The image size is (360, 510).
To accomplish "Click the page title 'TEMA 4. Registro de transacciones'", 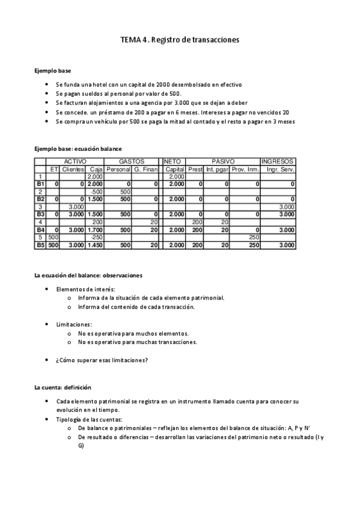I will pyautogui.click(x=180, y=40).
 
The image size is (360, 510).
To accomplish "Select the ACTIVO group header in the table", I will pyautogui.click(x=75, y=162).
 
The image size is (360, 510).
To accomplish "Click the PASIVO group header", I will pyautogui.click(x=222, y=162).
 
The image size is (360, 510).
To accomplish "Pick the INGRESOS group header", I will pyautogui.click(x=277, y=162).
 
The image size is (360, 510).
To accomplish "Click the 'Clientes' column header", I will pyautogui.click(x=73, y=169).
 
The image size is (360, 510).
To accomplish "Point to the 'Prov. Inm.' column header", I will pyautogui.click(x=245, y=169).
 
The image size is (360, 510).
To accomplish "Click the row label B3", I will pyautogui.click(x=40, y=214).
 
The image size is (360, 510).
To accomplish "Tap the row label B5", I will pyautogui.click(x=40, y=245).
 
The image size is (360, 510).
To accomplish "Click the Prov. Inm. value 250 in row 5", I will pyautogui.click(x=253, y=237).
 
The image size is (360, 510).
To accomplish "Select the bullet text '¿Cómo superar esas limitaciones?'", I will pyautogui.click(x=102, y=360).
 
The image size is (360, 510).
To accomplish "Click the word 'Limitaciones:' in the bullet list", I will pyautogui.click(x=73, y=324).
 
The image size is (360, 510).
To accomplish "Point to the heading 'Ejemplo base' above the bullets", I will pyautogui.click(x=53, y=70).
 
